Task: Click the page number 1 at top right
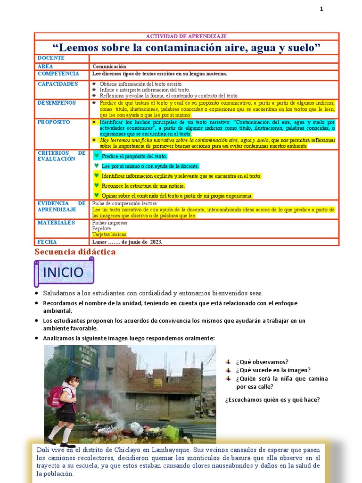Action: (321, 9)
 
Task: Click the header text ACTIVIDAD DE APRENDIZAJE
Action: (187, 36)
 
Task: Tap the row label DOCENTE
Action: (51, 58)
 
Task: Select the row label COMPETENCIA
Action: (58, 74)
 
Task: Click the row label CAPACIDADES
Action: (58, 84)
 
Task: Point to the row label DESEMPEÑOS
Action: (56, 102)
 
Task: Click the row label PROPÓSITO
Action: (54, 122)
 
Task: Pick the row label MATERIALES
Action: (56, 223)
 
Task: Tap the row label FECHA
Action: (47, 241)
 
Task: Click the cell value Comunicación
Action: (109, 67)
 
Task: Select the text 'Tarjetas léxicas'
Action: (109, 234)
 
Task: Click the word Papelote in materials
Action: (102, 228)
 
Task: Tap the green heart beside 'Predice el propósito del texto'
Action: (97, 156)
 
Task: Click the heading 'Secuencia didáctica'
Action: (75, 252)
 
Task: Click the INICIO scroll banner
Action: (63, 272)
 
